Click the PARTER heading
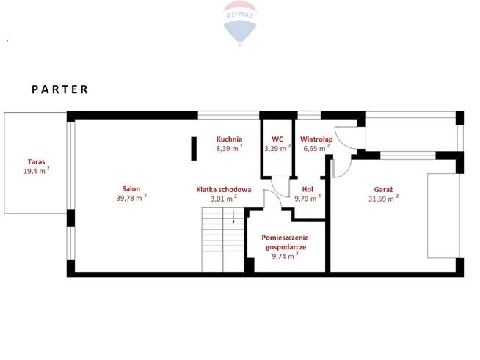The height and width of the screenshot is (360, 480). (x=60, y=89)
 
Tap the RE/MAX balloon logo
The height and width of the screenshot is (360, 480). (x=240, y=23)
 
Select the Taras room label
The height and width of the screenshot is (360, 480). (x=37, y=161)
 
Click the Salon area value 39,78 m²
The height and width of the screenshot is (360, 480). (x=131, y=198)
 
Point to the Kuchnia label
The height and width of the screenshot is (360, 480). (x=229, y=139)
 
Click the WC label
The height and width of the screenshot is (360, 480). (x=277, y=139)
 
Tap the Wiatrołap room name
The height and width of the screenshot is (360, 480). (x=316, y=139)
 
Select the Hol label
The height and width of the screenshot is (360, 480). (x=308, y=189)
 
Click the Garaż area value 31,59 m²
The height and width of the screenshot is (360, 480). (x=383, y=199)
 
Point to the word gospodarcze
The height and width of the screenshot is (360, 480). (x=286, y=247)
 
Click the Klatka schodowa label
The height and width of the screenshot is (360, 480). (x=224, y=190)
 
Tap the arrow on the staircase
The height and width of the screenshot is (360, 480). (x=233, y=217)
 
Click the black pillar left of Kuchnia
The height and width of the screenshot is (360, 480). (x=194, y=149)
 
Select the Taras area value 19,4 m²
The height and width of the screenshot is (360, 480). (x=37, y=170)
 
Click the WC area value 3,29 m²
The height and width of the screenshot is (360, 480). (x=277, y=148)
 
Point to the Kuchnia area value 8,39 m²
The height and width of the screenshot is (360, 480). (x=229, y=148)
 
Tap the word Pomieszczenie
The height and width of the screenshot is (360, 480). (x=285, y=238)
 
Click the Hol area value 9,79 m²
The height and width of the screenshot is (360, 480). (x=308, y=198)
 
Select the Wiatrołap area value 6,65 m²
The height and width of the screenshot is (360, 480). (x=316, y=148)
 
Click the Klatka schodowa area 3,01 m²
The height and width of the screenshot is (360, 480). (x=224, y=199)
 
